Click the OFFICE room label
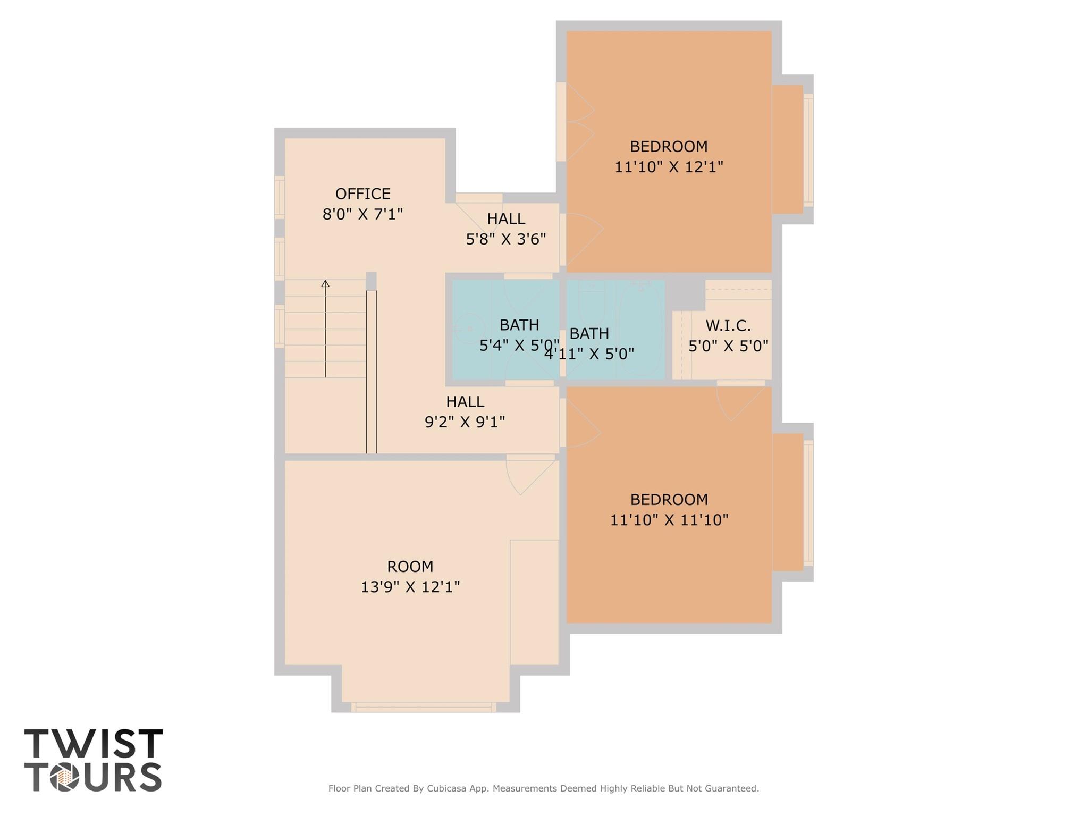tap(362, 194)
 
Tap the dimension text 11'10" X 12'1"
tap(669, 167)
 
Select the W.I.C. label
tap(728, 325)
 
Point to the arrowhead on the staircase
tap(325, 284)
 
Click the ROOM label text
tap(410, 567)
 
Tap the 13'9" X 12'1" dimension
tap(410, 587)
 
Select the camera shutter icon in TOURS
tap(65, 778)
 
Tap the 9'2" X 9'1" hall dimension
tap(465, 422)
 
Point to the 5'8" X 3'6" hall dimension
tap(505, 239)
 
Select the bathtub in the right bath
tap(640, 329)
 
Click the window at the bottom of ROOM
tap(424, 707)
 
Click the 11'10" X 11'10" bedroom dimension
tap(669, 520)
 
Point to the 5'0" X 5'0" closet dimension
tap(728, 347)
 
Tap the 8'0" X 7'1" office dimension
tap(362, 214)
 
